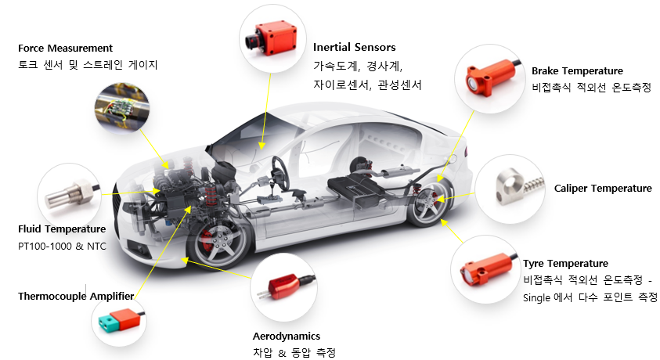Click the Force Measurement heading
pos(65,49)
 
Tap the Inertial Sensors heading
pos(355,48)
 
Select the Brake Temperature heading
pos(577,70)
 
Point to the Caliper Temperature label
pos(603,189)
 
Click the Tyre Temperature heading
pos(565,263)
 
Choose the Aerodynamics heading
pos(287,337)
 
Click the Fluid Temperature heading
pos(62,229)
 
